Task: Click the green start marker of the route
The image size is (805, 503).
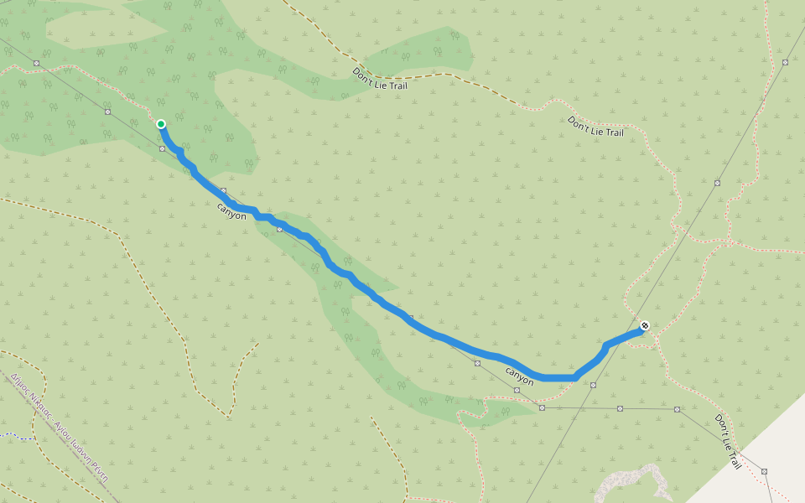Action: [161, 124]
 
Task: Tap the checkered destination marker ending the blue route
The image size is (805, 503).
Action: [644, 325]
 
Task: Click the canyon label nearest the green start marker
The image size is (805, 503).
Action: [232, 210]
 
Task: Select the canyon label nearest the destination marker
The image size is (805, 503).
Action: [520, 375]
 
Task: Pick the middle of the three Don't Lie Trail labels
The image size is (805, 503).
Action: [596, 127]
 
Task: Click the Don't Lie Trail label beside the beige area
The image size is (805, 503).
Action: [728, 441]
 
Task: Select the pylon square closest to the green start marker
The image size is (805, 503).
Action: [163, 148]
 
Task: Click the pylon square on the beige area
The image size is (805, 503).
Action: [765, 471]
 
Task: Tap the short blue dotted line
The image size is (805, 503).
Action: [10, 435]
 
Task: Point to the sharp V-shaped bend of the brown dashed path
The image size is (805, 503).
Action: [227, 415]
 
